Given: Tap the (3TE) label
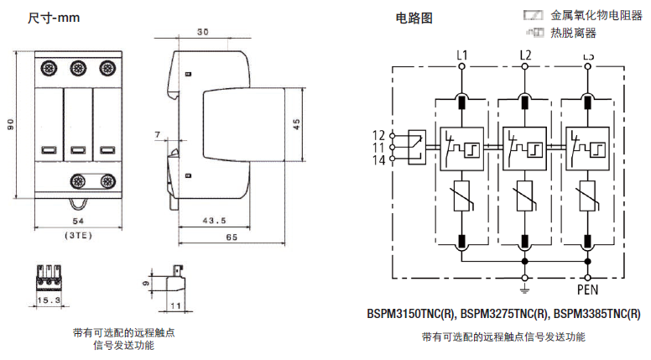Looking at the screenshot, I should pos(78,235).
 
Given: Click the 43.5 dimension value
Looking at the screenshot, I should pos(216,221).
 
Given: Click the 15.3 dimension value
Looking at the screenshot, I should pos(48,299).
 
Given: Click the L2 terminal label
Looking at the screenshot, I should pos(525,56).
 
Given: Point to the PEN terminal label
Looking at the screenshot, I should pos(588,290).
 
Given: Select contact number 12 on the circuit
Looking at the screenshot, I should pos(378,135).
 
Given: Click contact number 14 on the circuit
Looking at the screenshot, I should pos(378,159).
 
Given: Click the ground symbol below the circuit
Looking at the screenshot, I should pos(525,290).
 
